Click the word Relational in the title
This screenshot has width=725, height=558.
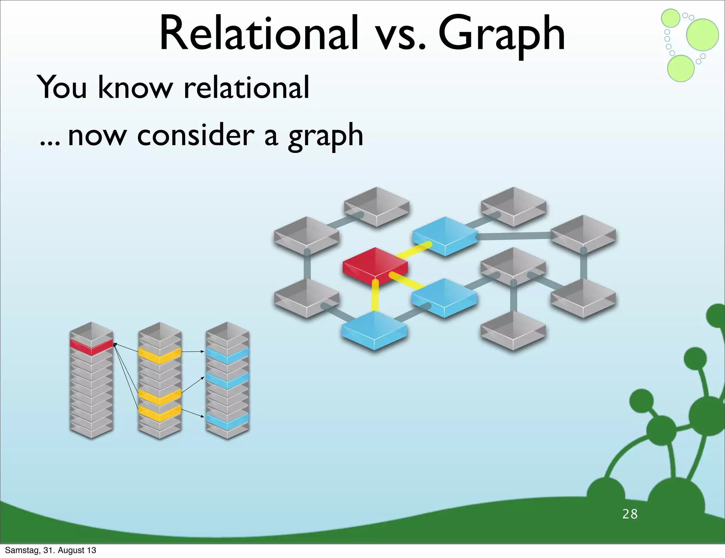click(259, 34)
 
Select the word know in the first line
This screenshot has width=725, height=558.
click(135, 87)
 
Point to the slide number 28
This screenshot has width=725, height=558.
click(630, 514)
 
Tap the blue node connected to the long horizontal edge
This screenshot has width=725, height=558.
click(445, 235)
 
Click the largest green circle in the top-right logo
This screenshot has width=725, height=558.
click(702, 35)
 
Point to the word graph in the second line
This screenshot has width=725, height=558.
click(325, 136)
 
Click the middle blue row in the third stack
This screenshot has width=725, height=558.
click(227, 381)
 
